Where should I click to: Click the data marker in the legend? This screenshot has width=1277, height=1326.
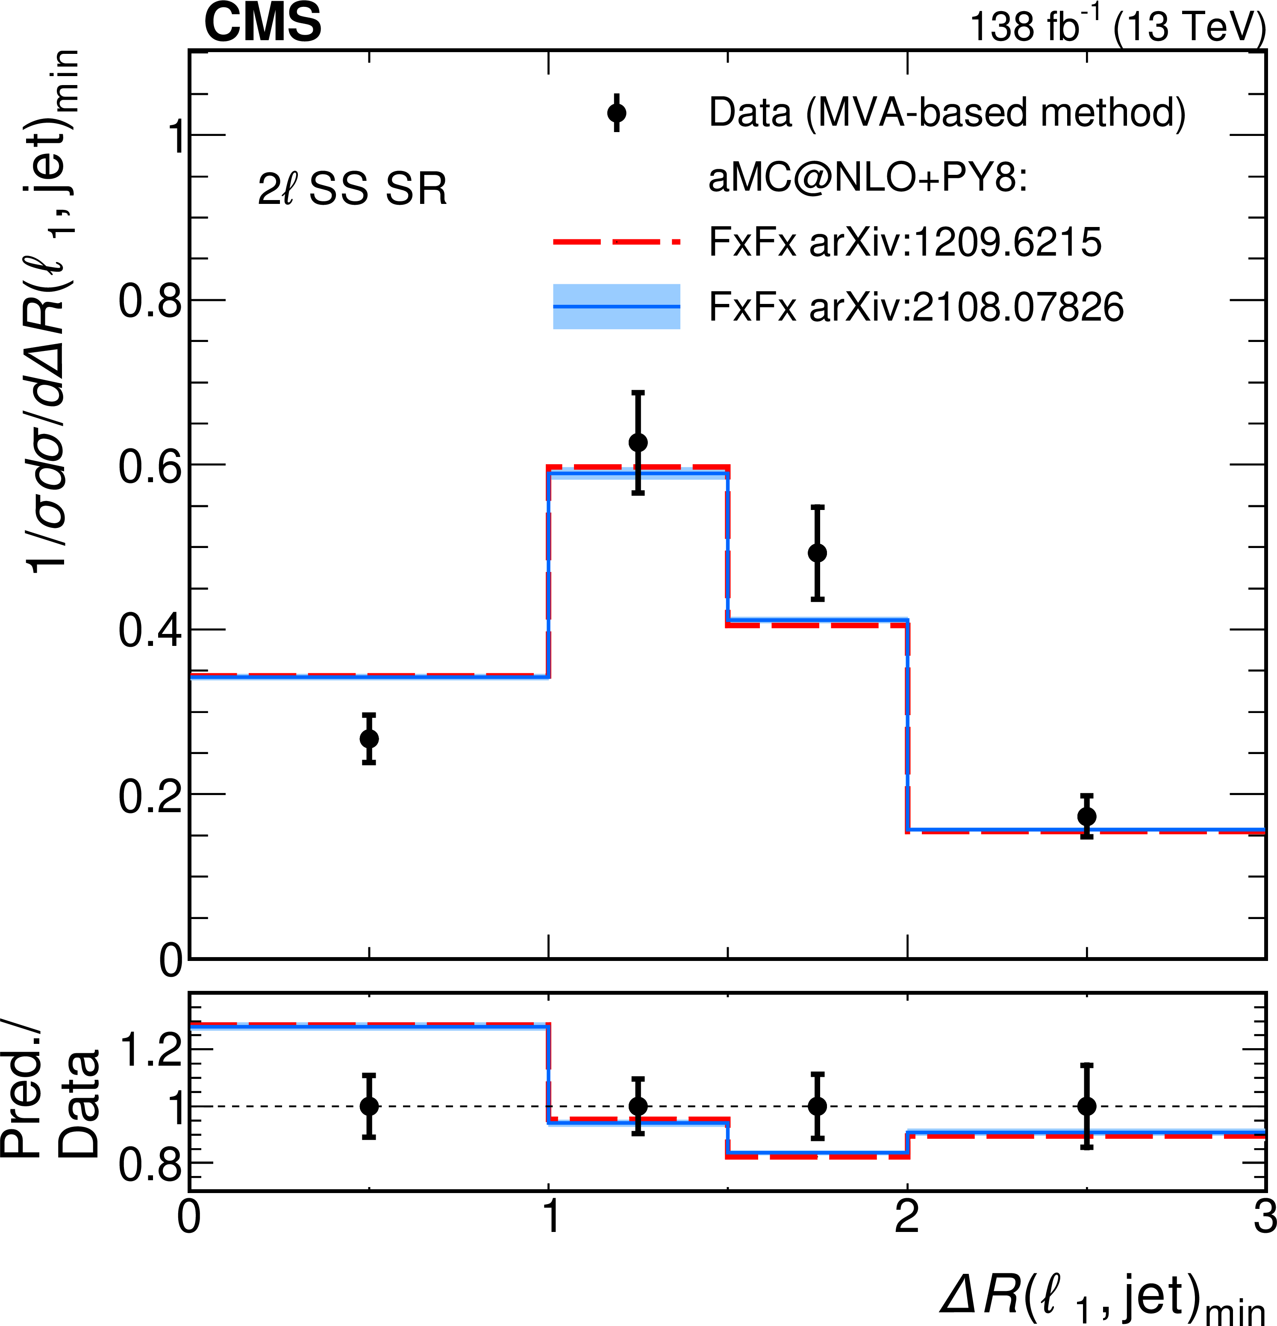pyautogui.click(x=616, y=113)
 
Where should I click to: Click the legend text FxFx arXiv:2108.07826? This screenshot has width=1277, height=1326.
pyautogui.click(x=916, y=306)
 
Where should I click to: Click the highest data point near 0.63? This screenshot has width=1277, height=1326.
pyautogui.click(x=638, y=442)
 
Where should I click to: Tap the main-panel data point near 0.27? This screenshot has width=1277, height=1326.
pyautogui.click(x=369, y=739)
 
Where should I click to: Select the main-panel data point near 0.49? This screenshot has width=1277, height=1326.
pyautogui.click(x=817, y=553)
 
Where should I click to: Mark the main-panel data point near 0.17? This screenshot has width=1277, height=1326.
pyautogui.click(x=1086, y=816)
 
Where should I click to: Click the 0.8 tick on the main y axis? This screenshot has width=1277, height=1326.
pyautogui.click(x=150, y=301)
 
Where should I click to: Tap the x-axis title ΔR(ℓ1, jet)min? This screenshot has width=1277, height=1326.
pyautogui.click(x=1103, y=1298)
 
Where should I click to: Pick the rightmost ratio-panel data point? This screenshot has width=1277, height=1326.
pyautogui.click(x=1086, y=1106)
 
